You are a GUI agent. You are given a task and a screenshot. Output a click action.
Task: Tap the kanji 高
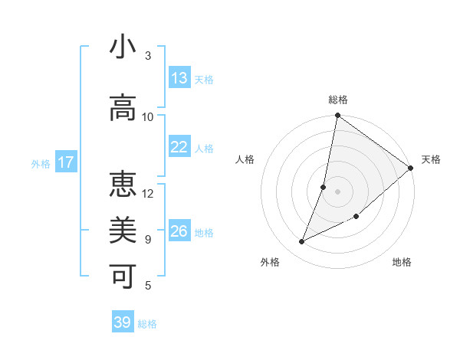pos(123,108)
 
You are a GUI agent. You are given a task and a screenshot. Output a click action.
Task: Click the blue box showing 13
pos(179,78)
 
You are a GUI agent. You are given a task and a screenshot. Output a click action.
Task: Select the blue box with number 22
pos(179,147)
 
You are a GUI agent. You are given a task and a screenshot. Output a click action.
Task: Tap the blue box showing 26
pos(179,231)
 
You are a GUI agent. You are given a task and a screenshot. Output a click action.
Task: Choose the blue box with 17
pos(65,162)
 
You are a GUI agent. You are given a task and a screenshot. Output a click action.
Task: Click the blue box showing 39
pos(123,322)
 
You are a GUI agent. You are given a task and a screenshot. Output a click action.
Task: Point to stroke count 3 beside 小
pos(148,56)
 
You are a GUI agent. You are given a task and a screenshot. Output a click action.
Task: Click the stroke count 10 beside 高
pos(148,117)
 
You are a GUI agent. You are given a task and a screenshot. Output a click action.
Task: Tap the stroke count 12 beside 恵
pos(148,194)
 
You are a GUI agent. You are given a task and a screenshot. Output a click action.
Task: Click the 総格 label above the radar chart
pos(338,100)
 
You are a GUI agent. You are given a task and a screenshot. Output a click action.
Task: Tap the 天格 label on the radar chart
pos(431,159)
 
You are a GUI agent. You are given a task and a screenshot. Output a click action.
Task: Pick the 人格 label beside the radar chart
pos(245,159)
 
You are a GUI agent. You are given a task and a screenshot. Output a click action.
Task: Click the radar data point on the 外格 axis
pos(302,242)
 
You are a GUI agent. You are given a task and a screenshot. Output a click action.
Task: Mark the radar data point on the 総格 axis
pos(337,116)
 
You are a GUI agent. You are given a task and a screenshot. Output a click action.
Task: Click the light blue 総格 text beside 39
pos(147,324)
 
